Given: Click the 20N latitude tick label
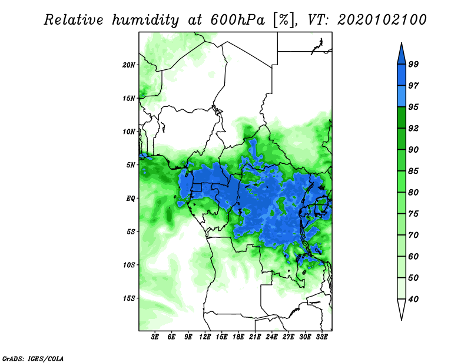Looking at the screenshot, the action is pos(128,65).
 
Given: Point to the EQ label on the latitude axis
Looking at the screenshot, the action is pos(130,198).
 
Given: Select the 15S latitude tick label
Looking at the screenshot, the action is pos(128,298).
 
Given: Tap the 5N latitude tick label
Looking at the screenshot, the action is pos(130,165).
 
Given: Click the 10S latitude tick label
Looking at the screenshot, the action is pos(128,265).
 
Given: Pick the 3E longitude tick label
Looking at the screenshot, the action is pos(155,337).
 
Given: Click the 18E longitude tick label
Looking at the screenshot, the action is pos(238,337).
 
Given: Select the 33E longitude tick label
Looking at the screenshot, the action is pos(321,337).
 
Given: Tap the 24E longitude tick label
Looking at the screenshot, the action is pos(271,337).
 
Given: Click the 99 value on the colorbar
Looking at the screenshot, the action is pos(413,64).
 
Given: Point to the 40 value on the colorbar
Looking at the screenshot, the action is pos(413,299).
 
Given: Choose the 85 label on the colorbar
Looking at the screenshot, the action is pos(413,171).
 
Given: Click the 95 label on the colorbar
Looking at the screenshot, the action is pos(413,107).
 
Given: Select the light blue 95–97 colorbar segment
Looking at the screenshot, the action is pos(402,96).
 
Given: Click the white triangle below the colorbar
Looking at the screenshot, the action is pos(402,308).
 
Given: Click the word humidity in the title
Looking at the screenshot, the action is pos(145,20).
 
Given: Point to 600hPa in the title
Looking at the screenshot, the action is pos(238,20).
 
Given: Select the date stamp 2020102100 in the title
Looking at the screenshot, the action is pos(382,20).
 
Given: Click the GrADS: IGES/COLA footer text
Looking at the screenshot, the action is pos(33,358).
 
